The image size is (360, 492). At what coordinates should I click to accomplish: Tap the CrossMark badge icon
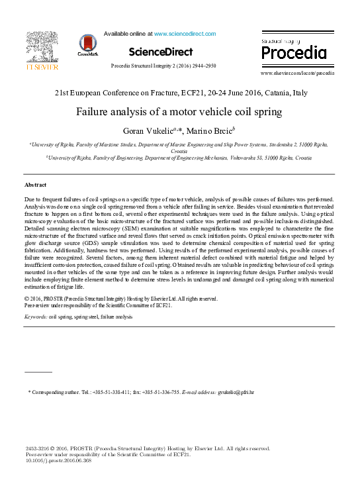[87, 45]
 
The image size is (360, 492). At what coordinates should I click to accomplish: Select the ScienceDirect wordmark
[161, 52]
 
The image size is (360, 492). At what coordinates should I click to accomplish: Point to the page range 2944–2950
[201, 66]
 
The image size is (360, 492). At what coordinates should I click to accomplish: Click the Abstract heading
[35, 184]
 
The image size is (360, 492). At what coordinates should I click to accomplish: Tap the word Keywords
[35, 317]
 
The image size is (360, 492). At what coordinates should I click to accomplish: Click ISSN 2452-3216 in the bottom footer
[38, 448]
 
